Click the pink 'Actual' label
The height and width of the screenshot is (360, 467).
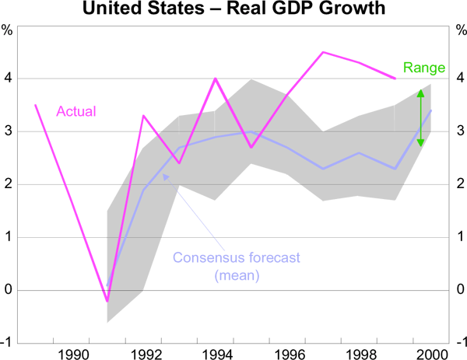[76, 111]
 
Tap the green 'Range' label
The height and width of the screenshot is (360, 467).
[423, 68]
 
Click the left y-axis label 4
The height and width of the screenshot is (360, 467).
[9, 79]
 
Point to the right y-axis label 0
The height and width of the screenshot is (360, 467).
[457, 290]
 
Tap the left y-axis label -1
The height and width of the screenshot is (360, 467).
[8, 343]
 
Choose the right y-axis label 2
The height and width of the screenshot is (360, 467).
[457, 184]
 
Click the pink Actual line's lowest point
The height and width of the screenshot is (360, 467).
[107, 301]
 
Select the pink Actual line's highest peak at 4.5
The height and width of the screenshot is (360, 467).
[323, 52]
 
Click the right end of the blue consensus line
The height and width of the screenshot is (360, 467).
[431, 110]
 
